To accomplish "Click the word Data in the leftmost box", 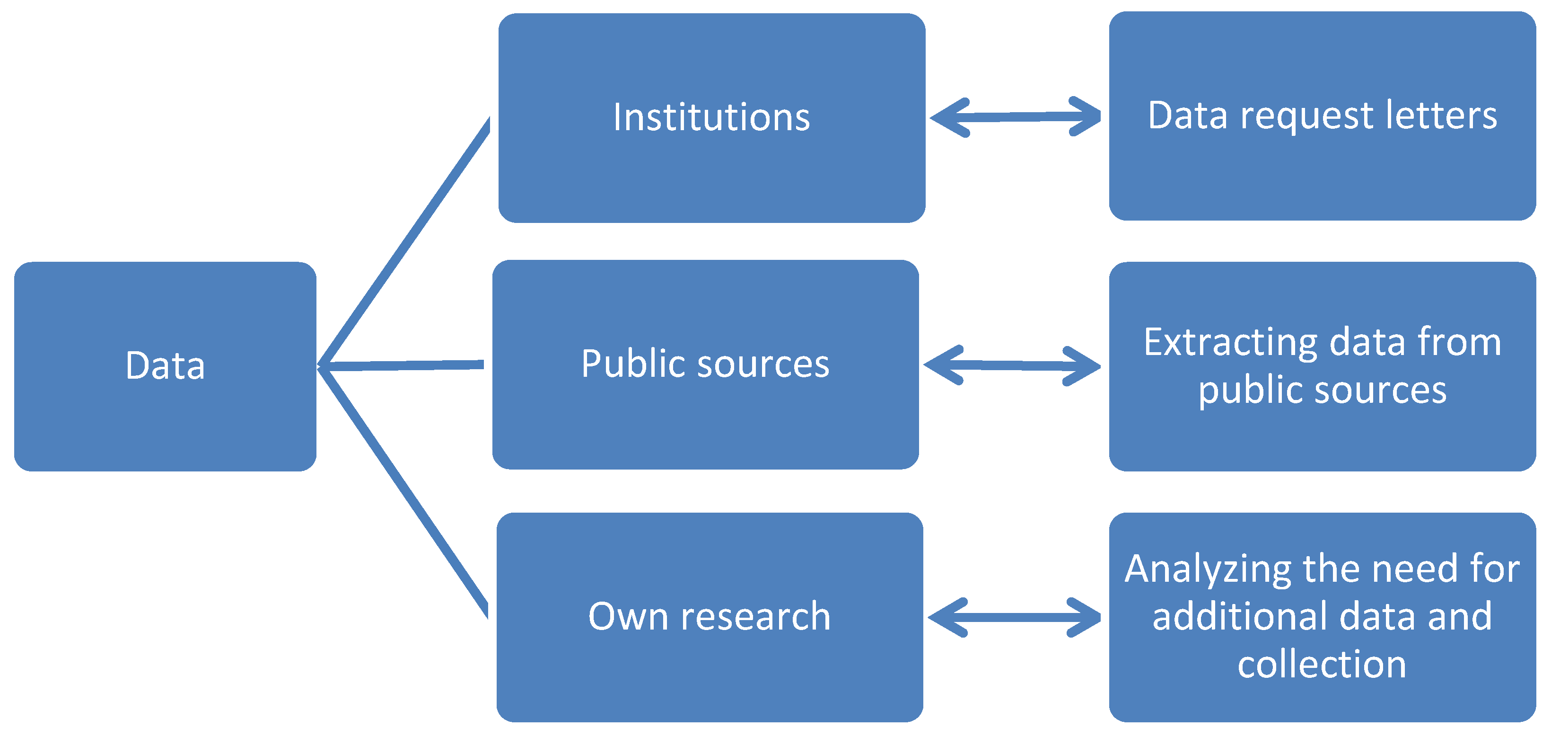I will point(165,366).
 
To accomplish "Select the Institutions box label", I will point(711,117).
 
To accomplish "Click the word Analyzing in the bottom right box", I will point(1207,570).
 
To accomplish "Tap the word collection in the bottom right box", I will point(1322,664).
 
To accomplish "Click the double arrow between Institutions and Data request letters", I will point(1015,117).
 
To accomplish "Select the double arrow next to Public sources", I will point(1011,365).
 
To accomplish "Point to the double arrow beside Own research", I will point(1014,617).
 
